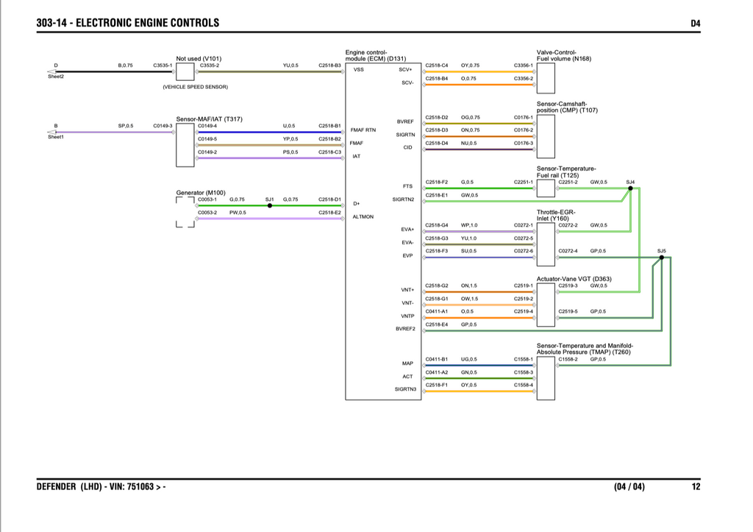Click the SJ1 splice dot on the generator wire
click(270, 206)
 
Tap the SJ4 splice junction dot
click(630, 188)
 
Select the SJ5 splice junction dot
click(662, 258)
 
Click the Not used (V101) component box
click(185, 71)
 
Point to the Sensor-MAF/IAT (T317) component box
click(185, 145)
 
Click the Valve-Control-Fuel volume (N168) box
click(546, 78)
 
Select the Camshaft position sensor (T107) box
click(546, 136)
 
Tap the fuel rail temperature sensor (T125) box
click(546, 188)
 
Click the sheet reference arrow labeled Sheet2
click(51, 71)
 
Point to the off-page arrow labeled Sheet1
click(51, 132)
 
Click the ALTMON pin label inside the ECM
click(363, 217)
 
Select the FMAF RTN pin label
click(363, 130)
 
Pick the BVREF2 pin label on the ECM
click(405, 329)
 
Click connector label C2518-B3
click(329, 65)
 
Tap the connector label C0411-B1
click(437, 360)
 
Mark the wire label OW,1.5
click(469, 299)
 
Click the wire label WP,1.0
click(469, 225)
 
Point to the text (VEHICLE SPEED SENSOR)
click(196, 87)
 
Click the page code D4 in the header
click(696, 23)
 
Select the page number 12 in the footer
click(696, 487)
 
